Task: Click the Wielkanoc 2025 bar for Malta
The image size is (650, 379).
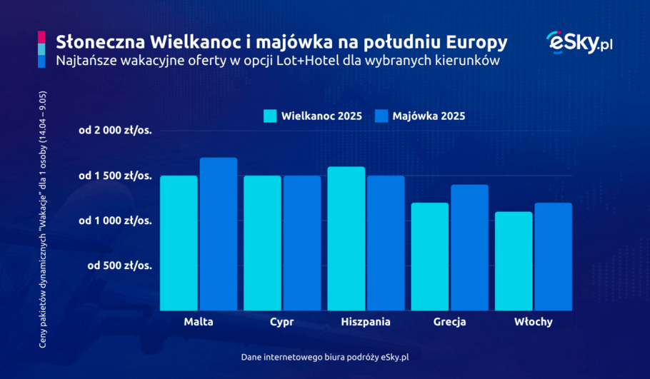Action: click(179, 243)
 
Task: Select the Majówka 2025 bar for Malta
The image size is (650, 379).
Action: click(218, 234)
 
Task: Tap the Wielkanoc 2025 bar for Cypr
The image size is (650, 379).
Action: click(262, 243)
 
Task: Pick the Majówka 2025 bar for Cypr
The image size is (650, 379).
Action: click(301, 243)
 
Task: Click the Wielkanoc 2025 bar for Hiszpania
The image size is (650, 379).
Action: click(346, 238)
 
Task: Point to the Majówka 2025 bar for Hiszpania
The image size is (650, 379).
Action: click(386, 243)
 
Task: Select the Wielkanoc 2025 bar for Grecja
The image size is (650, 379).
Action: click(430, 256)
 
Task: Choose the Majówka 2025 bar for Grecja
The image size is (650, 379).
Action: click(469, 248)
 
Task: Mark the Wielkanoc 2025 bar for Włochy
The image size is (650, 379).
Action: click(514, 261)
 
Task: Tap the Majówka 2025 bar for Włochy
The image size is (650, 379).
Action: click(553, 256)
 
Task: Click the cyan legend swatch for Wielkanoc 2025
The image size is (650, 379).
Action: click(269, 116)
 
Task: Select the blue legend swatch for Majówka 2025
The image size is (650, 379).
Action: click(380, 116)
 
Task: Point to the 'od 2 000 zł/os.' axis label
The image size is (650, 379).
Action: click(116, 131)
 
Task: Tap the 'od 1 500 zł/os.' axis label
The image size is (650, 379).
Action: click(116, 176)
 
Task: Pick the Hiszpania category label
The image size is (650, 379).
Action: click(366, 322)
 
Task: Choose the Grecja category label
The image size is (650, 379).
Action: click(449, 322)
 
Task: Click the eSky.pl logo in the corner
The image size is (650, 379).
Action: click(579, 43)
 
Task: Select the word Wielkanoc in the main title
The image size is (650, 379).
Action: click(186, 41)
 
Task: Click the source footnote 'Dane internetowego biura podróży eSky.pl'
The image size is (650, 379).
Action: click(325, 356)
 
